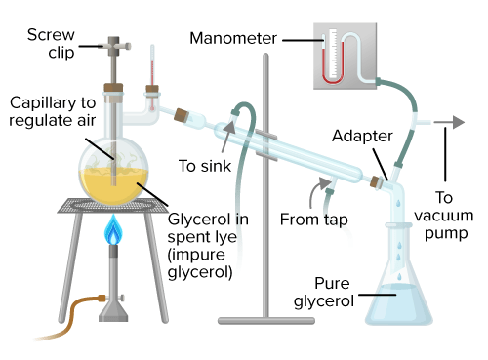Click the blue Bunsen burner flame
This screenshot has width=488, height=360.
[x=113, y=229]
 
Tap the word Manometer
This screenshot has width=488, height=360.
[x=233, y=38]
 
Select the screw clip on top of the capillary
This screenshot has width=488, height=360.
[x=114, y=46]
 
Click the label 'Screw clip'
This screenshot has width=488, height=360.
[x=51, y=44]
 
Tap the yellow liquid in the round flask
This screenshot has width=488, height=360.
[x=113, y=185]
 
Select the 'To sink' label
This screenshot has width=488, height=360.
[x=205, y=166]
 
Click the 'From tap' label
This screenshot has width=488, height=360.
[x=314, y=220]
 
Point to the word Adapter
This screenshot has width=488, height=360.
[x=362, y=136]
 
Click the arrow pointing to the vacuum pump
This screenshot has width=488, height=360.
[x=449, y=122]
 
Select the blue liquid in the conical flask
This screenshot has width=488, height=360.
[x=399, y=304]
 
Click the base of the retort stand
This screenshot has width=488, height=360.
[x=266, y=321]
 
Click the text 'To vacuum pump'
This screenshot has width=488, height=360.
[x=444, y=216]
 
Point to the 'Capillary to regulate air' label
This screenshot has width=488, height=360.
[x=53, y=111]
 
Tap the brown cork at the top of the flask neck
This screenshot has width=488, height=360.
[x=113, y=88]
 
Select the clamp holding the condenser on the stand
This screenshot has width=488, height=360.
[x=266, y=144]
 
